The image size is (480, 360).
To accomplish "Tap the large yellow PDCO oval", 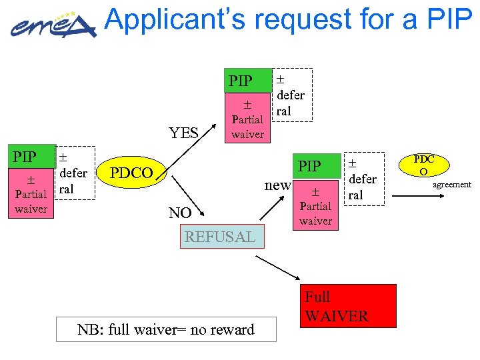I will click(132, 173).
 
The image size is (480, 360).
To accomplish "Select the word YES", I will click(184, 133).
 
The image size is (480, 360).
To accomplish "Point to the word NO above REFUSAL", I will click(180, 213).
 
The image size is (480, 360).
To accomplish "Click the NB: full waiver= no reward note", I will click(166, 329).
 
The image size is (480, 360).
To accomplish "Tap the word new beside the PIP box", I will click(277, 184).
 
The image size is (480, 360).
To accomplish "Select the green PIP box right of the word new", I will click(310, 165).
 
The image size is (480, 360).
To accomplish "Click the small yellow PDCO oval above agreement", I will click(423, 165).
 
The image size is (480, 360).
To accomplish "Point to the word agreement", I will click(451, 185).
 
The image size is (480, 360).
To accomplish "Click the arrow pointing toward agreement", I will click(413, 195).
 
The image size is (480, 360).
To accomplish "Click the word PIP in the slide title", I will click(446, 20).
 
